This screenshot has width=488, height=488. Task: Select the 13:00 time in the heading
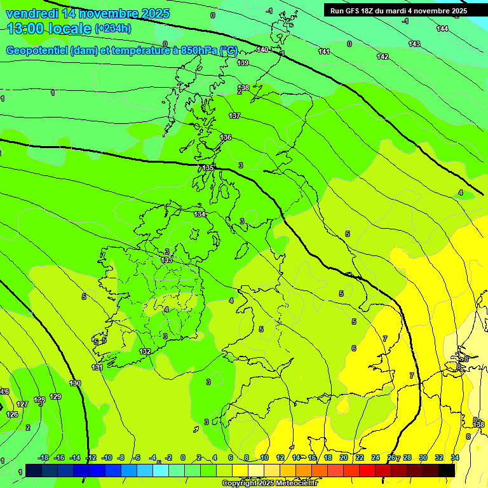click(x=25, y=29)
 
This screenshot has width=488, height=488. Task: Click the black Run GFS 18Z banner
click(x=398, y=10)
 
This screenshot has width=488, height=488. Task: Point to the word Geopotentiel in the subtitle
click(x=37, y=51)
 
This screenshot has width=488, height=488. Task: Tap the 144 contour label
click(x=442, y=29)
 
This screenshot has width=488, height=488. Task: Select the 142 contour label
click(x=383, y=57)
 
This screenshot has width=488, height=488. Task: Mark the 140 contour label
click(x=262, y=50)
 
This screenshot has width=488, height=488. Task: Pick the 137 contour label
click(x=234, y=116)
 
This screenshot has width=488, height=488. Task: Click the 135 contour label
click(x=208, y=168)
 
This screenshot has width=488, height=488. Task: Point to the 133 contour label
click(x=166, y=260)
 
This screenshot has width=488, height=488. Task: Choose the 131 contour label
click(x=97, y=367)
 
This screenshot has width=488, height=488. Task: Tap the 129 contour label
click(x=55, y=396)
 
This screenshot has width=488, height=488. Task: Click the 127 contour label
click(x=22, y=404)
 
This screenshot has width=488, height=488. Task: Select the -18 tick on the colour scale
click(x=43, y=457)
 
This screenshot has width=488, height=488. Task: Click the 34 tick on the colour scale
click(x=455, y=457)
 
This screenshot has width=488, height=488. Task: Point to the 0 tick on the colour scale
click(x=183, y=457)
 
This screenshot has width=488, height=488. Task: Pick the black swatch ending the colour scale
click(x=446, y=470)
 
